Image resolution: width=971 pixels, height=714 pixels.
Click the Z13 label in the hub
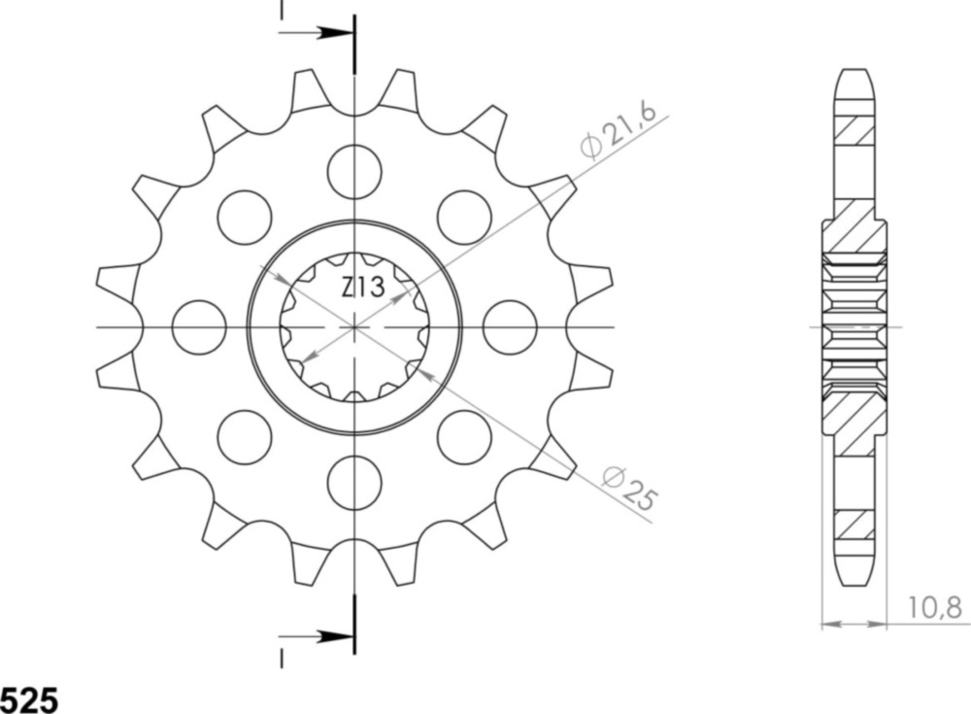pos(362,288)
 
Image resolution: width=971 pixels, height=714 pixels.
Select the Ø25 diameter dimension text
pos(629,488)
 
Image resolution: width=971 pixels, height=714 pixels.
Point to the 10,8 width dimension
pos(936,609)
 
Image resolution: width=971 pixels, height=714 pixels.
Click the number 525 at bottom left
pos(29,700)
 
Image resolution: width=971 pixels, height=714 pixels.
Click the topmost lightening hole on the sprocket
pos(354,171)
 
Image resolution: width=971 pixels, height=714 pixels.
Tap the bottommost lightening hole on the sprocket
pos(354,483)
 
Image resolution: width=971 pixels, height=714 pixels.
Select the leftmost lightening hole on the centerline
pos(199,327)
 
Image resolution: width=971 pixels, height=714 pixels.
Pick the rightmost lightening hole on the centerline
pos(510,327)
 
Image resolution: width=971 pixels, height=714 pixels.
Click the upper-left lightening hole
pos(244,218)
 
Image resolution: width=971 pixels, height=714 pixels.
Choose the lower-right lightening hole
pos(464,437)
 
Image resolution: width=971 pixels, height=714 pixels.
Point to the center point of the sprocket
pos(354,327)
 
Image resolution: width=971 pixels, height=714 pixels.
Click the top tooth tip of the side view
pos(854,74)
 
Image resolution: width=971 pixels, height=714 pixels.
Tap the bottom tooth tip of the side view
pos(854,581)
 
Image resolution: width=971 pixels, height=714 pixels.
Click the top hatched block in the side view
pos(854,129)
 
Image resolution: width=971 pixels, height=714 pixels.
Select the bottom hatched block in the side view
pos(854,526)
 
